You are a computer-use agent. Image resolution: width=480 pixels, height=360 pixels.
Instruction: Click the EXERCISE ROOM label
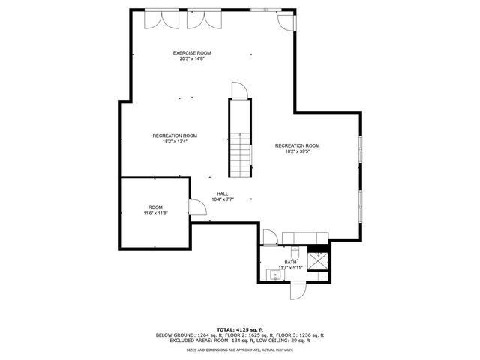coord(192,52)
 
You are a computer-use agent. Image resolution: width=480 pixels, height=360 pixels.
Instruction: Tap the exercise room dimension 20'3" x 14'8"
coord(192,58)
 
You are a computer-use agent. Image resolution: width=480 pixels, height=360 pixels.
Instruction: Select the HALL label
coord(223,193)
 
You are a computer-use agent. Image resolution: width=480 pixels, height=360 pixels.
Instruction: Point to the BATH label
coord(289,262)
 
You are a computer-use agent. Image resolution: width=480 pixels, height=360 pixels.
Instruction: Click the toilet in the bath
coord(295,251)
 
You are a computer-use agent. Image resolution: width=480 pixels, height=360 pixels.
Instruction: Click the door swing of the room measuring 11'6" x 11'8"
coord(196,210)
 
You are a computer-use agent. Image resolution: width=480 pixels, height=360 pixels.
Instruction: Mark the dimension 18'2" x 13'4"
coord(175,142)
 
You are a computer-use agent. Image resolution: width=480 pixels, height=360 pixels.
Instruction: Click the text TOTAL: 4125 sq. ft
coord(239,329)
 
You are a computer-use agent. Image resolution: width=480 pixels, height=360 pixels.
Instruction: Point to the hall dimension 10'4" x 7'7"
coord(223,199)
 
